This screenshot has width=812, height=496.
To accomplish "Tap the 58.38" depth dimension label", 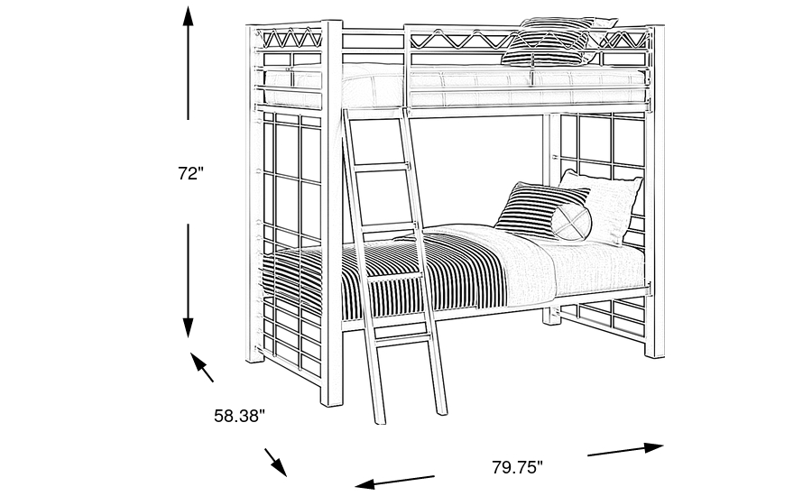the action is tap(240, 415).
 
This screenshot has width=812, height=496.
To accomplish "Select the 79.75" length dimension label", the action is tap(517, 467).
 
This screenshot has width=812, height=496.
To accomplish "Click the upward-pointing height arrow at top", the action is tap(188, 62).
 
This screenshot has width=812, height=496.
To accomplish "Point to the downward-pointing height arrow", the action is tap(188, 281).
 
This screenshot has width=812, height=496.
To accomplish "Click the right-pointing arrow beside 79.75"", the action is tap(625, 449).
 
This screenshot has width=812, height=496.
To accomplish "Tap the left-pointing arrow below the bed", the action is tap(394, 482).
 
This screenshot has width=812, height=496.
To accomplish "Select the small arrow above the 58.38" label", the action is tap(202, 367).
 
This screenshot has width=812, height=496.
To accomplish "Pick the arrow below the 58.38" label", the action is tap(275, 462).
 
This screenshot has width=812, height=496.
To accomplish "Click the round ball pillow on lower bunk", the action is tap(571, 222).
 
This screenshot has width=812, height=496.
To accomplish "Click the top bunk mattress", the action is tap(456, 87).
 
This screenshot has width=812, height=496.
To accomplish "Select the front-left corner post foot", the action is tap(332, 400).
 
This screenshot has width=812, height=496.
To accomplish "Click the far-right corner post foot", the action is tap(655, 352).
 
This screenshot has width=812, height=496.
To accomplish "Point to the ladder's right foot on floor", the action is tap(441, 409).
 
